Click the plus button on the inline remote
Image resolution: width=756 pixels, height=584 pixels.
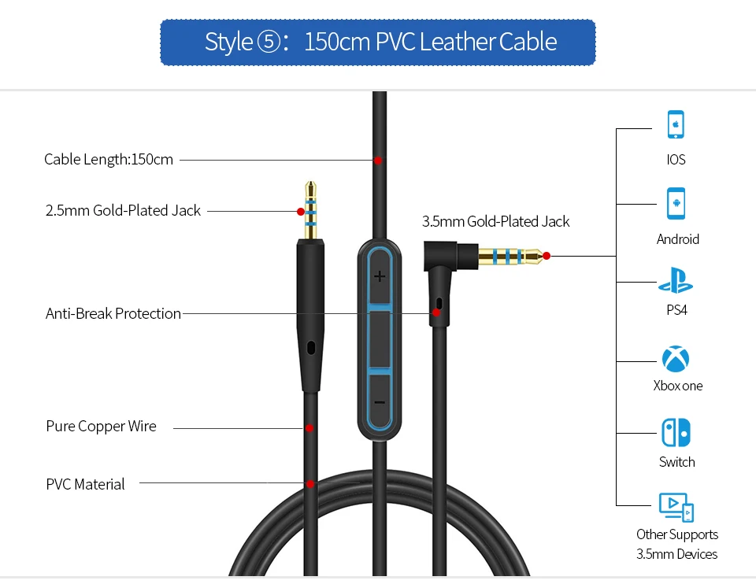coord(380,276)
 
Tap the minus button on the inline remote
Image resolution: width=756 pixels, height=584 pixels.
coord(380,402)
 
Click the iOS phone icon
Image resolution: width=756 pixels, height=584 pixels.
coord(676,124)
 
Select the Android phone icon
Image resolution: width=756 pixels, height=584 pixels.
coord(676,202)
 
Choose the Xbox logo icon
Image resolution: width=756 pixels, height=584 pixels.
coord(676,359)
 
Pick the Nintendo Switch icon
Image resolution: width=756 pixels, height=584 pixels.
coord(676,432)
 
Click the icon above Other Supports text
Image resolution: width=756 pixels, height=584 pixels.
coord(676,507)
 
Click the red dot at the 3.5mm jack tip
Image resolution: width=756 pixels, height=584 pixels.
coord(547,255)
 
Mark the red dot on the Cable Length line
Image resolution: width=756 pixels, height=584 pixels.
coord(378,160)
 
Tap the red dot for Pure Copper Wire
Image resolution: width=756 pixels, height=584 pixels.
coord(309,427)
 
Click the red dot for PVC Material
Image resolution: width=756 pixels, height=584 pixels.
coord(311,484)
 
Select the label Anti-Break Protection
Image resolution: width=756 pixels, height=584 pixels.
coord(113,313)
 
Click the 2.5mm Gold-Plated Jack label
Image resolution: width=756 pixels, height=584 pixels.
coord(123,210)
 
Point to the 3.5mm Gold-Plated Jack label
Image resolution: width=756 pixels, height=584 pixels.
coord(495,221)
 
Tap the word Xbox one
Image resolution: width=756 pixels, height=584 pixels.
coord(677,386)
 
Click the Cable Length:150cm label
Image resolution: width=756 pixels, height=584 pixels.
coord(109,160)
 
